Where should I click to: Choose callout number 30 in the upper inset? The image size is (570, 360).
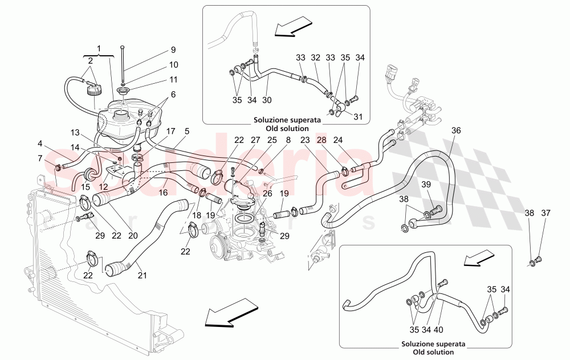(x=267, y=100)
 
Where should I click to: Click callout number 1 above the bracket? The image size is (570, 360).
(x=101, y=49)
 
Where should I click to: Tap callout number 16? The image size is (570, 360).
(x=163, y=193)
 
